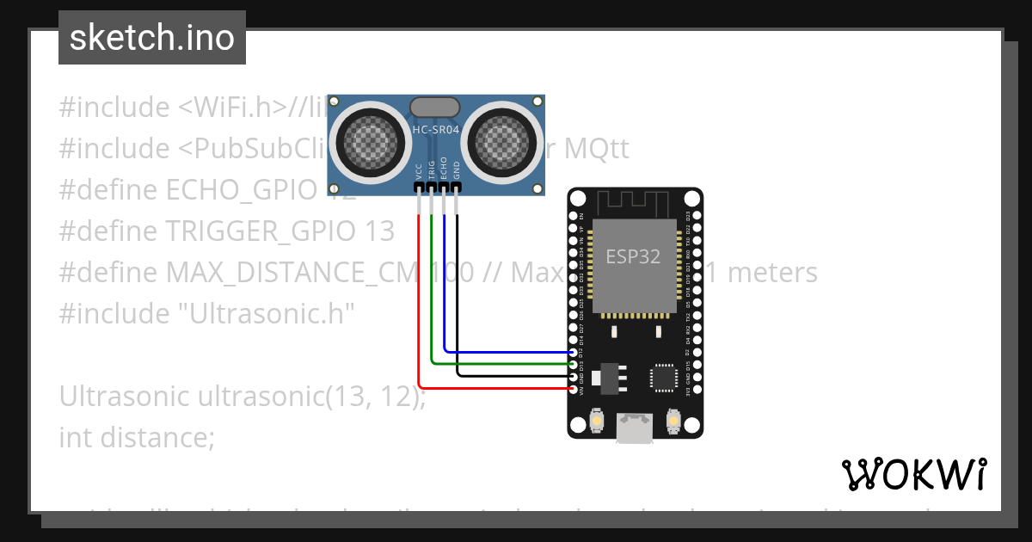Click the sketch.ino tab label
(x=151, y=39)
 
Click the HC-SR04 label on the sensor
(x=436, y=130)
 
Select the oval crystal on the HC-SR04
(x=436, y=107)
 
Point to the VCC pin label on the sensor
(x=419, y=170)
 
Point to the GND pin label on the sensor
(x=457, y=170)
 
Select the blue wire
(x=507, y=351)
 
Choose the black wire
(x=516, y=376)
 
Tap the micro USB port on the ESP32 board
(x=635, y=428)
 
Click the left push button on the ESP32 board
(x=597, y=421)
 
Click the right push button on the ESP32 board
(x=673, y=421)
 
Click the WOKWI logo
(x=913, y=474)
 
